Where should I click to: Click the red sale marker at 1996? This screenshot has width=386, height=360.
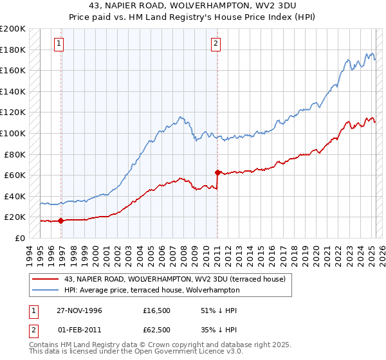point(60,221)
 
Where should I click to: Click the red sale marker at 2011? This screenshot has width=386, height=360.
point(217,172)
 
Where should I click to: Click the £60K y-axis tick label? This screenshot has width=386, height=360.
point(15,175)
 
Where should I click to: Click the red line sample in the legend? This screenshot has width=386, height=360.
point(45,278)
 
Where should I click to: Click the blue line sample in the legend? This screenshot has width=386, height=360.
point(45,290)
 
